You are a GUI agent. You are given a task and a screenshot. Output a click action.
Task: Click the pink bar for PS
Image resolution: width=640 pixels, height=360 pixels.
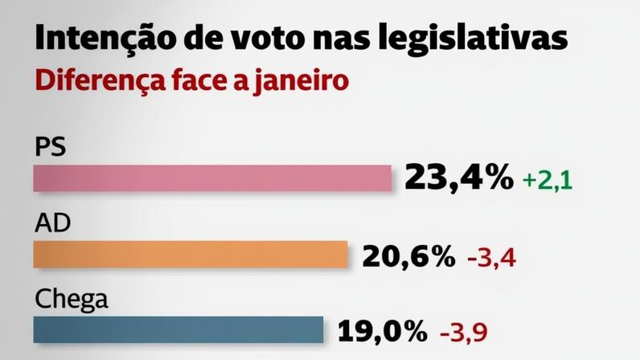[x=211, y=178]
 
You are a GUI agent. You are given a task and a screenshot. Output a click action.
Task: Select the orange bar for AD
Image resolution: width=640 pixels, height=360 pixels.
[x=191, y=255]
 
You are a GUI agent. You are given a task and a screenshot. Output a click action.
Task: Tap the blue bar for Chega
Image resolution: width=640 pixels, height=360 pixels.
[x=178, y=329]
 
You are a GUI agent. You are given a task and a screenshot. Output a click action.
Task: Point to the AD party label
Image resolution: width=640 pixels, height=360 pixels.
[x=52, y=225]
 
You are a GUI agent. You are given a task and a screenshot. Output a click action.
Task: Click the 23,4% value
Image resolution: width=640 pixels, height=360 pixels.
[x=458, y=178]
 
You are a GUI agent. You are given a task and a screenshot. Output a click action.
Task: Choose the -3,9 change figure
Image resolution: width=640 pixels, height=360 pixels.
[x=465, y=331]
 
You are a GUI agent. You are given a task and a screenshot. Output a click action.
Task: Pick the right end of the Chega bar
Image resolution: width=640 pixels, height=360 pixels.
[x=321, y=329]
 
